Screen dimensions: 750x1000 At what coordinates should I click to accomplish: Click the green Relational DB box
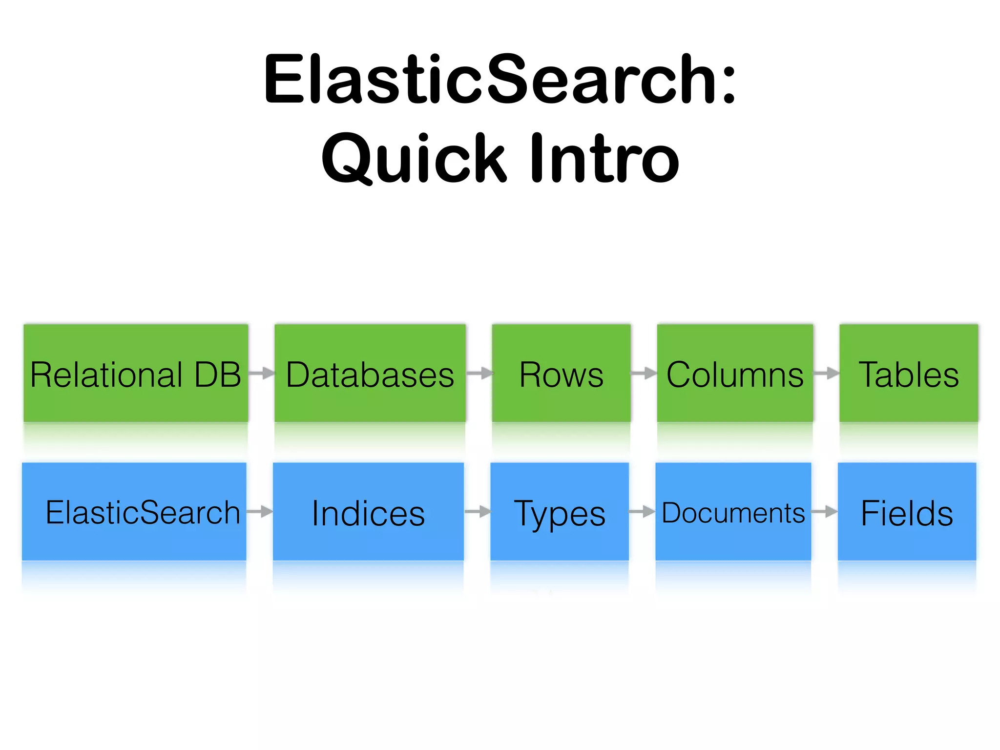[136, 373]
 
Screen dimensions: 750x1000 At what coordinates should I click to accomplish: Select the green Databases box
[370, 373]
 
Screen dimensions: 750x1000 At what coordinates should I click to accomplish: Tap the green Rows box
[561, 373]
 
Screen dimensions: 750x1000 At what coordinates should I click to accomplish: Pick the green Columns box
[735, 373]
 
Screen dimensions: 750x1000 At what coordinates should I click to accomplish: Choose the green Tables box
[908, 373]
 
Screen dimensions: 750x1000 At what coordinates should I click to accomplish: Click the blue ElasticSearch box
[134, 511]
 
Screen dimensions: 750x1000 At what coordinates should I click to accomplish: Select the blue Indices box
[368, 511]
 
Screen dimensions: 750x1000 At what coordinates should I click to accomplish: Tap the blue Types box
[560, 511]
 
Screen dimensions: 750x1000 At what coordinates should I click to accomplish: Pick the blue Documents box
[733, 511]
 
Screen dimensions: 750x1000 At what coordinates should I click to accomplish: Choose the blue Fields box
[907, 511]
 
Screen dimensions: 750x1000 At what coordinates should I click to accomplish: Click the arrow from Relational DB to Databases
[262, 374]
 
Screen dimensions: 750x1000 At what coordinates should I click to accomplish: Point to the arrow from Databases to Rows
[479, 374]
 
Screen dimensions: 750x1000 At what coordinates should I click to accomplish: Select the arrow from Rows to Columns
[644, 374]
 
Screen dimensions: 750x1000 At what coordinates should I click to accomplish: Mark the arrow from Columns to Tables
[826, 374]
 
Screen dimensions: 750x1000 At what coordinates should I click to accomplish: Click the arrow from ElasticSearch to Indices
[260, 512]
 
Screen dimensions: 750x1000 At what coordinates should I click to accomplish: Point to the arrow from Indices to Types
[478, 512]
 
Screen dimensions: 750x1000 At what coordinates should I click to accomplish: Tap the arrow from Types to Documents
[642, 512]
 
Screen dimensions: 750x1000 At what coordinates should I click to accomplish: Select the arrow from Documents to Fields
[825, 512]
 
